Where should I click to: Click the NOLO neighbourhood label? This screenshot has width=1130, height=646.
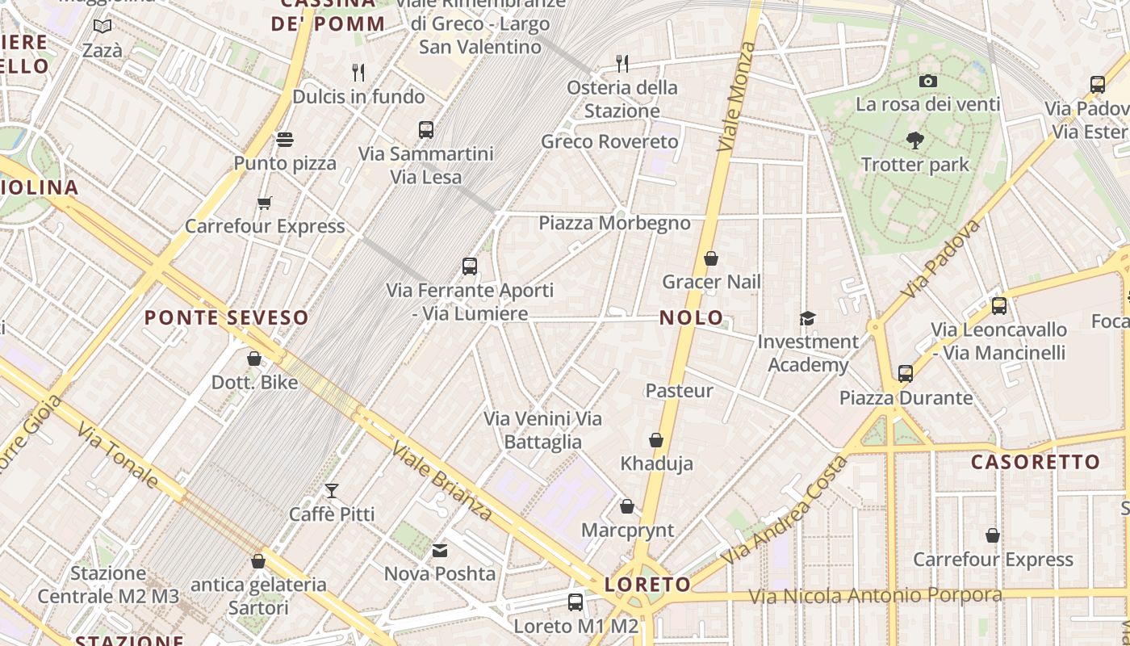[x=691, y=317]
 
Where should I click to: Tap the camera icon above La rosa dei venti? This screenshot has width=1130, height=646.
[x=927, y=81]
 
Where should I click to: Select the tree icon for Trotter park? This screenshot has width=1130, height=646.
[x=914, y=141]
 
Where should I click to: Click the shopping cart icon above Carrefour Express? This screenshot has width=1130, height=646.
[x=264, y=203]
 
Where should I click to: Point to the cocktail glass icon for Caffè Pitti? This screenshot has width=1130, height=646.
[x=331, y=490]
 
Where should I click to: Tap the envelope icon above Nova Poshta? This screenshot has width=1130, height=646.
[x=440, y=551]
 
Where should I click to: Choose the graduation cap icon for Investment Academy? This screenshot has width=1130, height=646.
[x=807, y=318]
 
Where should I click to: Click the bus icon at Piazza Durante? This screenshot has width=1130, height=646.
[x=906, y=374]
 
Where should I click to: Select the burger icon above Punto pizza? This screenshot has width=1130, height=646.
[x=284, y=140]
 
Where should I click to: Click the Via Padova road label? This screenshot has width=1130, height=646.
[x=942, y=258]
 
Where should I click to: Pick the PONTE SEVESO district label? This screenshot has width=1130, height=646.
[x=226, y=318]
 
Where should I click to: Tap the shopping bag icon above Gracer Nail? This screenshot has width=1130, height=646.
[x=711, y=258]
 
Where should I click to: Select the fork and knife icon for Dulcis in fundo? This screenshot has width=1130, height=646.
[x=358, y=73]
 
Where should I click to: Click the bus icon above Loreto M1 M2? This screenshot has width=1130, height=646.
[x=575, y=602]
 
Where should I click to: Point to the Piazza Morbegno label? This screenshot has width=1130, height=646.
[x=614, y=223]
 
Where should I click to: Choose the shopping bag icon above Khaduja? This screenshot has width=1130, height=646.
[x=656, y=440]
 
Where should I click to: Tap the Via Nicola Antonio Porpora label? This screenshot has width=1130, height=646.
[x=875, y=596]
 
